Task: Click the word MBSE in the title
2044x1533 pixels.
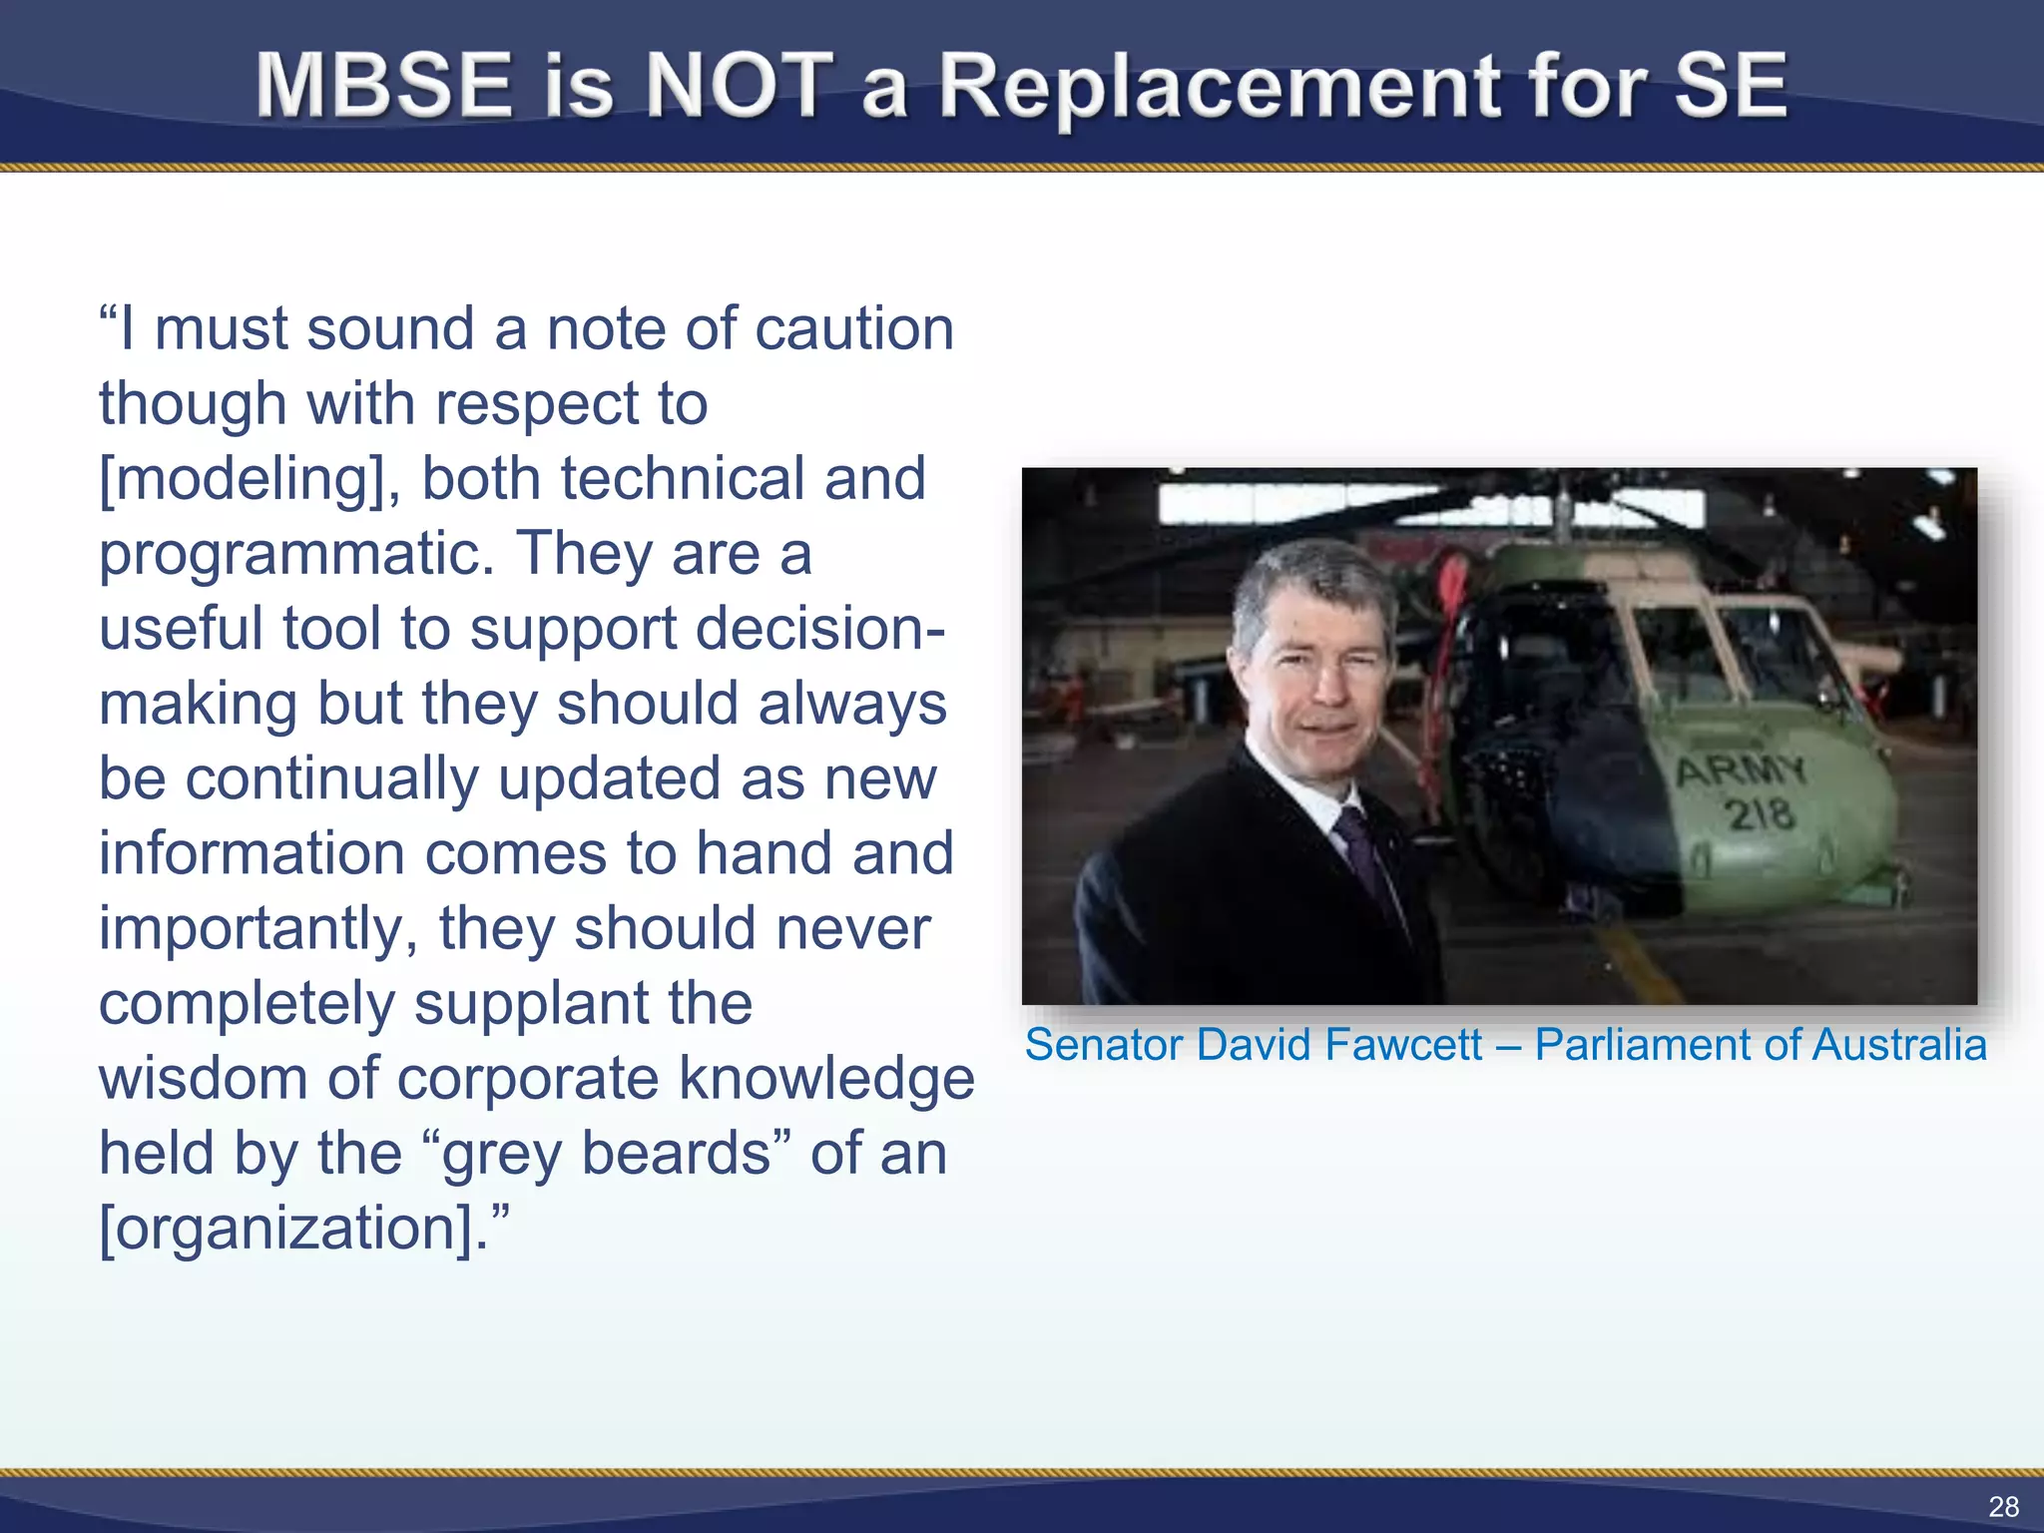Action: pyautogui.click(x=384, y=87)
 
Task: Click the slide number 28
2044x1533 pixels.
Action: pyautogui.click(x=2003, y=1506)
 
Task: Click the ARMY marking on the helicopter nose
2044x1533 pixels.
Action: pyautogui.click(x=1741, y=770)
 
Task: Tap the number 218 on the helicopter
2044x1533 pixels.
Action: pyautogui.click(x=1761, y=814)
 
